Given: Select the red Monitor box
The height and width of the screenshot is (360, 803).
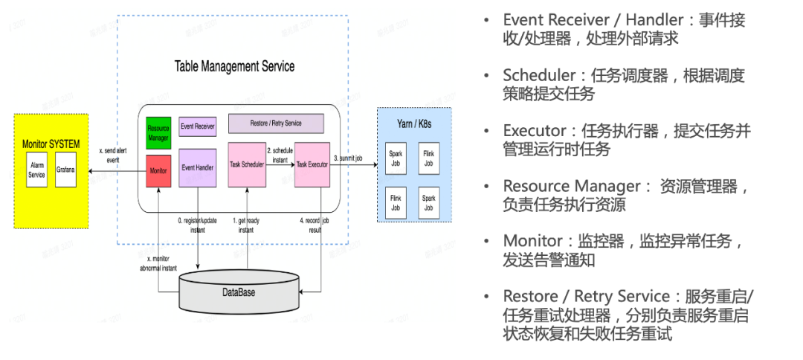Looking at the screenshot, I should pyautogui.click(x=158, y=171).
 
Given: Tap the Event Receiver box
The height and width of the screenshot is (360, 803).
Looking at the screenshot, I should pyautogui.click(x=198, y=126).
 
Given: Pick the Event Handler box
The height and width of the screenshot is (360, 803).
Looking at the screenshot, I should pyautogui.click(x=198, y=168).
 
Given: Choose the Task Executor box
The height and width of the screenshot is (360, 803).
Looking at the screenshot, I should pyautogui.click(x=312, y=164).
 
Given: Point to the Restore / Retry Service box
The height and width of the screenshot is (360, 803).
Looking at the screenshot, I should pyautogui.click(x=275, y=123).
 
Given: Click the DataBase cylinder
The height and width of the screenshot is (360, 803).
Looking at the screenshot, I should pyautogui.click(x=239, y=291).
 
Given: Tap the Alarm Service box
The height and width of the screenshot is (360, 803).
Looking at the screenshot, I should pyautogui.click(x=36, y=170).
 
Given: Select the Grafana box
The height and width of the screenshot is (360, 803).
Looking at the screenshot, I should pyautogui.click(x=65, y=170).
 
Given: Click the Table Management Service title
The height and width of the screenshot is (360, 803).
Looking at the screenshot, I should pyautogui.click(x=234, y=66).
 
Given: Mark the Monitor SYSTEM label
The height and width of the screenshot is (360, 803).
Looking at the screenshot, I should pyautogui.click(x=51, y=144).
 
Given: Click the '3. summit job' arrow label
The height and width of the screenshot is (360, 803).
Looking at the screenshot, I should pyautogui.click(x=348, y=158).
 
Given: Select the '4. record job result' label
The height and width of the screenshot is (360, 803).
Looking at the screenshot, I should pyautogui.click(x=315, y=225).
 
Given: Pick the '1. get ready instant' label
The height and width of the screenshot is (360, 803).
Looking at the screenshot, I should pyautogui.click(x=246, y=225).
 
